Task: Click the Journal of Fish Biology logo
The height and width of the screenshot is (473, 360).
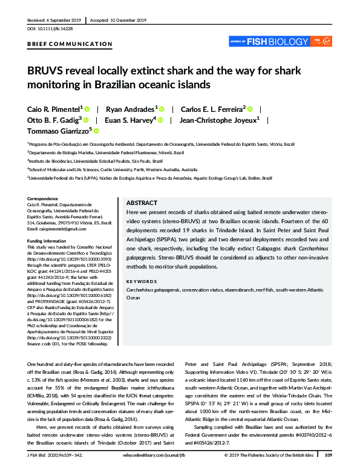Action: click(280, 41)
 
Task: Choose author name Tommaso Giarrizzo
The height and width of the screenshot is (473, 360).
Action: click(58, 130)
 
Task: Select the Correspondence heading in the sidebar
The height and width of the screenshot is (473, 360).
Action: click(45, 199)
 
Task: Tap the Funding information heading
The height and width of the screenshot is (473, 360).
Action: click(49, 241)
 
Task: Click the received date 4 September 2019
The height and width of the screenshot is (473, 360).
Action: click(62, 20)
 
